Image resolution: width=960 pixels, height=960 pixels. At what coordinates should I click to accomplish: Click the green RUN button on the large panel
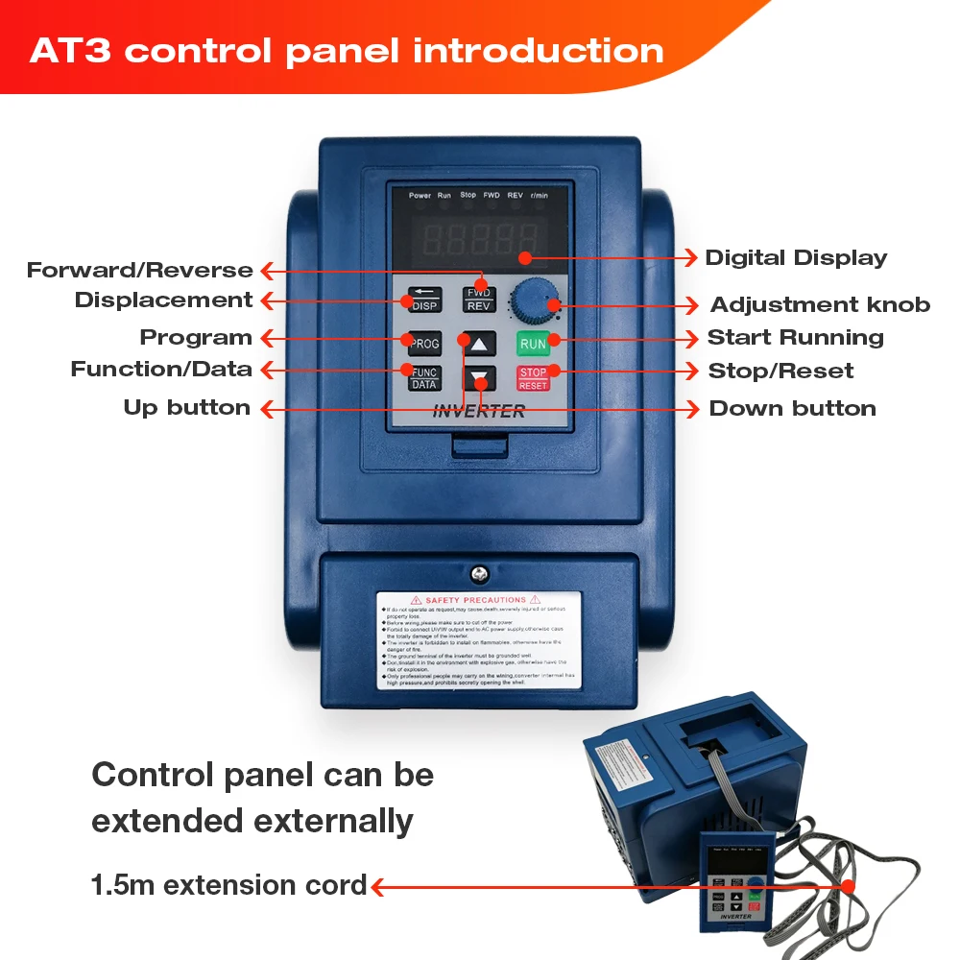533,343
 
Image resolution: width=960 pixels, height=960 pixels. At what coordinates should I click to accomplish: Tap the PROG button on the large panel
424,343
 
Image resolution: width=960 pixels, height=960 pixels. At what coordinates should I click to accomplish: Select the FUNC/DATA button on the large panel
424,377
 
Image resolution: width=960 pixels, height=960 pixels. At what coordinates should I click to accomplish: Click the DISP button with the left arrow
424,300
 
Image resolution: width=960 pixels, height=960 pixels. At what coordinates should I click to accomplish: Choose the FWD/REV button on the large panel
480,300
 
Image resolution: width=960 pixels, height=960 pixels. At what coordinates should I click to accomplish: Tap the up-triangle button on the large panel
479,343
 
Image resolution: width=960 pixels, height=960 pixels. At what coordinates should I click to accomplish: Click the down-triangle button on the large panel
479,377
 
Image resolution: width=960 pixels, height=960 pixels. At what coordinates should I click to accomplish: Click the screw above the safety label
479,575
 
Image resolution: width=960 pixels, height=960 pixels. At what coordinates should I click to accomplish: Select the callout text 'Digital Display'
796,257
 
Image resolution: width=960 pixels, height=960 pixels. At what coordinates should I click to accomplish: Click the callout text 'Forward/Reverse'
140,270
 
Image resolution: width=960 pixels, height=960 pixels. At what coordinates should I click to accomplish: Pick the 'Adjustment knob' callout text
820,305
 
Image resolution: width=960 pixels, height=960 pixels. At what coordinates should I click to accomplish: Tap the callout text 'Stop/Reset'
780,371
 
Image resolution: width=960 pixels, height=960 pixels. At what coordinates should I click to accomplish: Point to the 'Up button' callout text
186,407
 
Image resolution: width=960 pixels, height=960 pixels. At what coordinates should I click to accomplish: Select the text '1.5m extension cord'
228,885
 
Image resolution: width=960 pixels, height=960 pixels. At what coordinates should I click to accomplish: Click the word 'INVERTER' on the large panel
479,412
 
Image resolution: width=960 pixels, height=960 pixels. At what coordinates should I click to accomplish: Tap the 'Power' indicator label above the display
420,196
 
